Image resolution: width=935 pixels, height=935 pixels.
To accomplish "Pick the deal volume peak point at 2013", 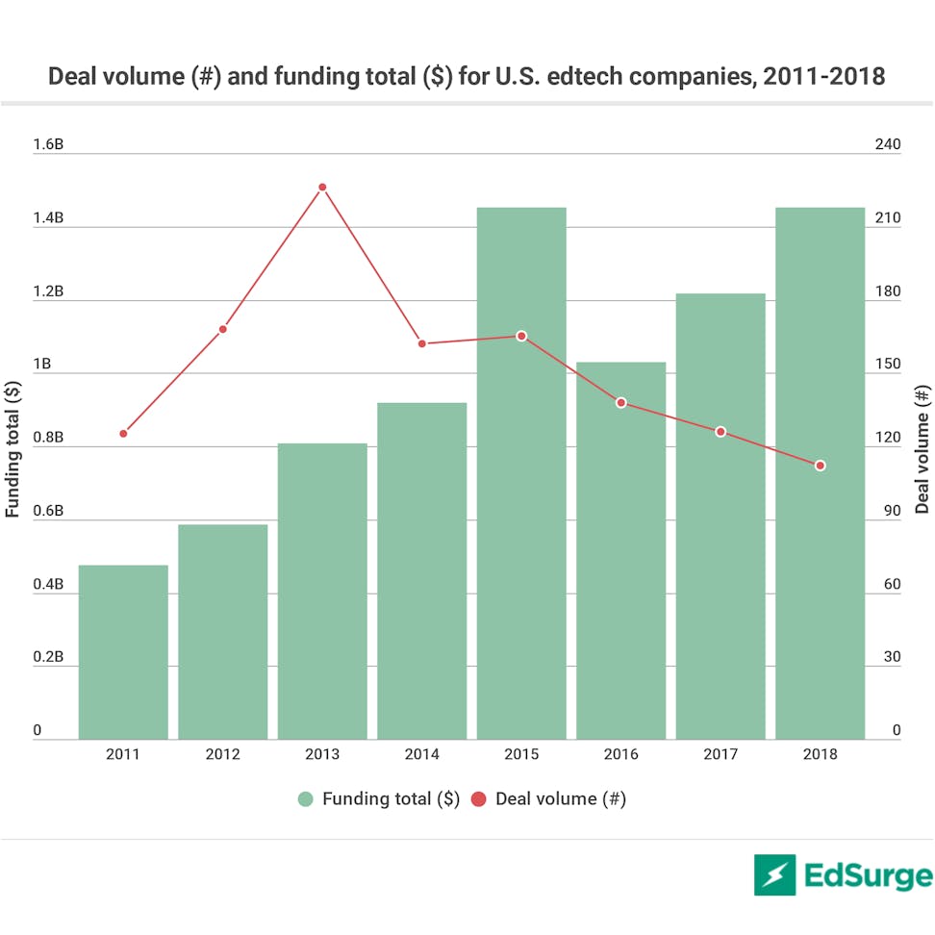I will pos(322,188).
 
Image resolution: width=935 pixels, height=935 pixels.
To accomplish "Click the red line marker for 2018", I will pos(821,466).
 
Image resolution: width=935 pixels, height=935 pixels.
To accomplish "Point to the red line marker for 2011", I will pos(123,434).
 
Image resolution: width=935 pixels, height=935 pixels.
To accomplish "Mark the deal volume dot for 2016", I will pos(621,402).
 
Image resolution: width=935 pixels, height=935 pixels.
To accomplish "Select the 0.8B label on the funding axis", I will pos(48,439).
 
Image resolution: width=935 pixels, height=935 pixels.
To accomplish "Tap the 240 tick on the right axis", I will pos(888,145).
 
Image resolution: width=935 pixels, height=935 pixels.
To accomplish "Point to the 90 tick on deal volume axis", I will pos(892,512).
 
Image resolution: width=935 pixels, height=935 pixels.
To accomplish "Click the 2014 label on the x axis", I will pos(421,754).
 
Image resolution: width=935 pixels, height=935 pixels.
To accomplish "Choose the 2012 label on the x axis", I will pos(222,754).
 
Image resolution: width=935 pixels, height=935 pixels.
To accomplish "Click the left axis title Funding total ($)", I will pos(13,448).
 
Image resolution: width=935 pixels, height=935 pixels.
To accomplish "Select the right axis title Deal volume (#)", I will pos(922,448).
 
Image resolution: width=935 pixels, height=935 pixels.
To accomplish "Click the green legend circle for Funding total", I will pos(307,798).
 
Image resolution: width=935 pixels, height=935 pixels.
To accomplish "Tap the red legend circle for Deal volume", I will pos(479,798).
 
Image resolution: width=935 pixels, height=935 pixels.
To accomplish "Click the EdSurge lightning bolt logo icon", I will pos(775,874).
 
